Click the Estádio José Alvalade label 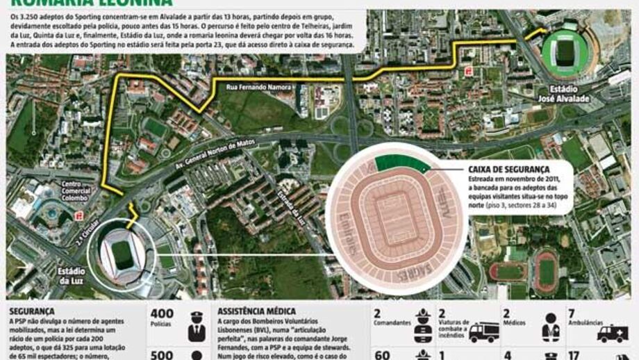coord(568,95)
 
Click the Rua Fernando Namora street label coord(256,88)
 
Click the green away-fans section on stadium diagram coord(401,164)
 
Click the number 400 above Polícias coord(162,313)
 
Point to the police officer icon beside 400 coord(197,325)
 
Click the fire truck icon coord(483,332)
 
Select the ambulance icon coord(613,334)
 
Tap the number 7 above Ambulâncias coord(572,313)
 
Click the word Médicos coord(517,325)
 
